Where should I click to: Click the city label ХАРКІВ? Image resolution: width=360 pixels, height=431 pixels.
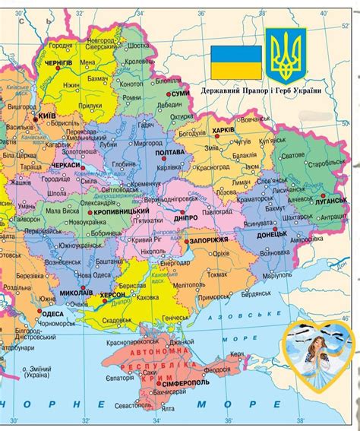pyautogui.click(x=223, y=129)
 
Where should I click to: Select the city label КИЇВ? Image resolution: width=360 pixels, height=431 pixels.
pyautogui.click(x=46, y=116)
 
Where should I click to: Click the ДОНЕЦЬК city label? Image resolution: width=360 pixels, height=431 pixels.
pyautogui.click(x=270, y=234)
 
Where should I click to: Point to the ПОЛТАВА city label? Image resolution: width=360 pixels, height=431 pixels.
pyautogui.click(x=169, y=153)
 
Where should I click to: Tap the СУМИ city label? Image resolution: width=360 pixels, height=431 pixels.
pyautogui.click(x=180, y=93)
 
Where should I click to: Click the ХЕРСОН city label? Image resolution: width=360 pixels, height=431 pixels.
pyautogui.click(x=113, y=293)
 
